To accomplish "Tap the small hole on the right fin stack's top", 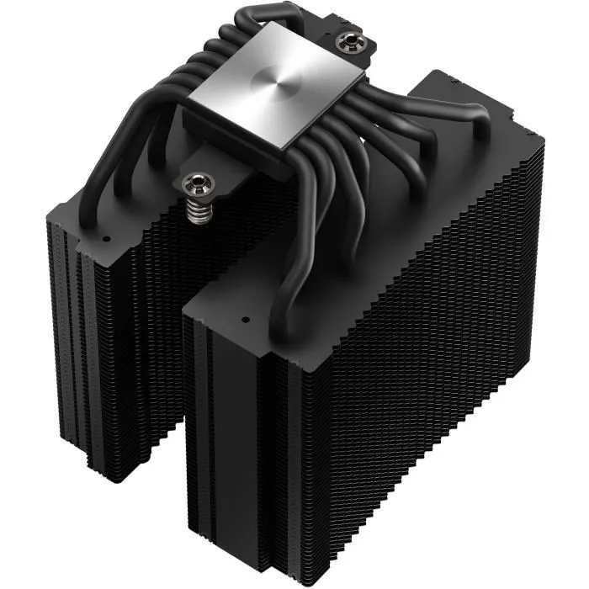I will pos(244,321).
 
